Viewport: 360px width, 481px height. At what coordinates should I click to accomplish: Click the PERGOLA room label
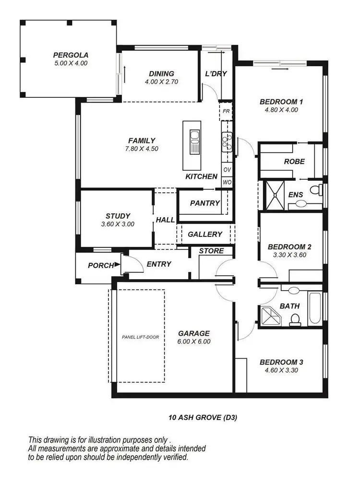71,55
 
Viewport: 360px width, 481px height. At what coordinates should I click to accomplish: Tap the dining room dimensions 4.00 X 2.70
161,82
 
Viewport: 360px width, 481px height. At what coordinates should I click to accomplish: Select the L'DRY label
216,74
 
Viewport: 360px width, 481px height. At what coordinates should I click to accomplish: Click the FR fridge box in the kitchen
226,111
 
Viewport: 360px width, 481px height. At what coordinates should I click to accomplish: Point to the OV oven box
227,170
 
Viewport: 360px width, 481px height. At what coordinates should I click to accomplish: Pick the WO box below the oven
227,182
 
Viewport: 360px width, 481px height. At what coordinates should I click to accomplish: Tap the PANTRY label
205,203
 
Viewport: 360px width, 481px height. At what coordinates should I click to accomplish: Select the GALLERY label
205,235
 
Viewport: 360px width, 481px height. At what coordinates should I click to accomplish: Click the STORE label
211,251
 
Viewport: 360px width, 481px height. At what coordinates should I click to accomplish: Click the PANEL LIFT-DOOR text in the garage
141,337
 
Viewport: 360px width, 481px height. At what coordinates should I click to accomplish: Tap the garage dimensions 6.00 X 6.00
194,342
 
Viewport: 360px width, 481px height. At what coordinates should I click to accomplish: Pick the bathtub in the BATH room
315,308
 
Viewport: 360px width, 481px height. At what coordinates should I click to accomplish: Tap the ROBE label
294,162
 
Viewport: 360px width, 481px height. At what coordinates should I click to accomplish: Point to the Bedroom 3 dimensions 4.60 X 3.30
281,370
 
